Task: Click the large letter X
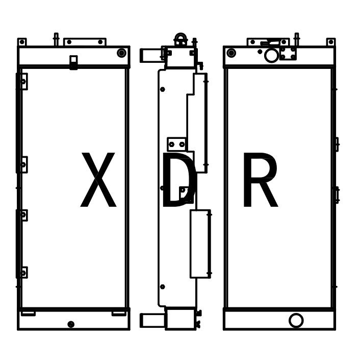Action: coord(98,181)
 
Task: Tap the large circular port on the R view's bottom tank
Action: coord(296,320)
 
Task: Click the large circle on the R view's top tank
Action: coord(271,55)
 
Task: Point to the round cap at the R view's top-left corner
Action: coord(232,53)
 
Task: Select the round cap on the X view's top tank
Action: coord(121,53)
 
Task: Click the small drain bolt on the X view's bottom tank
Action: coord(71,324)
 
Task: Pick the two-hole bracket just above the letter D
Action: coord(176,144)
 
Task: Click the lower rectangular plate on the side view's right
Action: coord(200,244)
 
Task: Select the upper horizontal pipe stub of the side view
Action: coord(151,55)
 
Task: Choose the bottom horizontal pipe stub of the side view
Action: coord(152,320)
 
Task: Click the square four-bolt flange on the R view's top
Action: coord(288,53)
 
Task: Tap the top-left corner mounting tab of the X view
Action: coord(22,42)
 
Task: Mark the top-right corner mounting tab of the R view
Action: coord(330,42)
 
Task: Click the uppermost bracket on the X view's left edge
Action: coord(22,82)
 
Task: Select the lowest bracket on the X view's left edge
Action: coord(22,273)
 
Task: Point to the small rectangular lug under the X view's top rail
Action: coord(73,62)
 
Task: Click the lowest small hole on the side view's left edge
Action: coord(163,287)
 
